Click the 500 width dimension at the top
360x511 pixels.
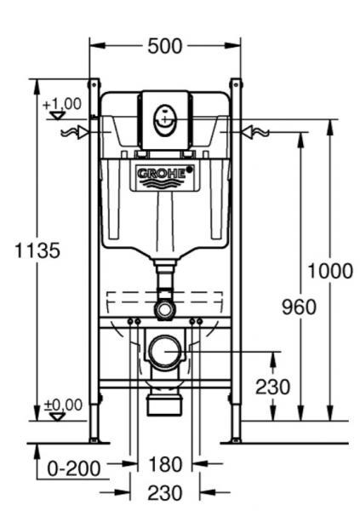(165, 46)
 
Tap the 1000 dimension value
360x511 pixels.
(329, 272)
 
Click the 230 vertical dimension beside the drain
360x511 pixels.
(272, 386)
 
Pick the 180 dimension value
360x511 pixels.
(165, 465)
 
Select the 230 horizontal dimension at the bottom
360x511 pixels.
(165, 492)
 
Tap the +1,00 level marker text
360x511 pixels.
(62, 104)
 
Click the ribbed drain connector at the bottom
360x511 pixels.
(165, 402)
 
